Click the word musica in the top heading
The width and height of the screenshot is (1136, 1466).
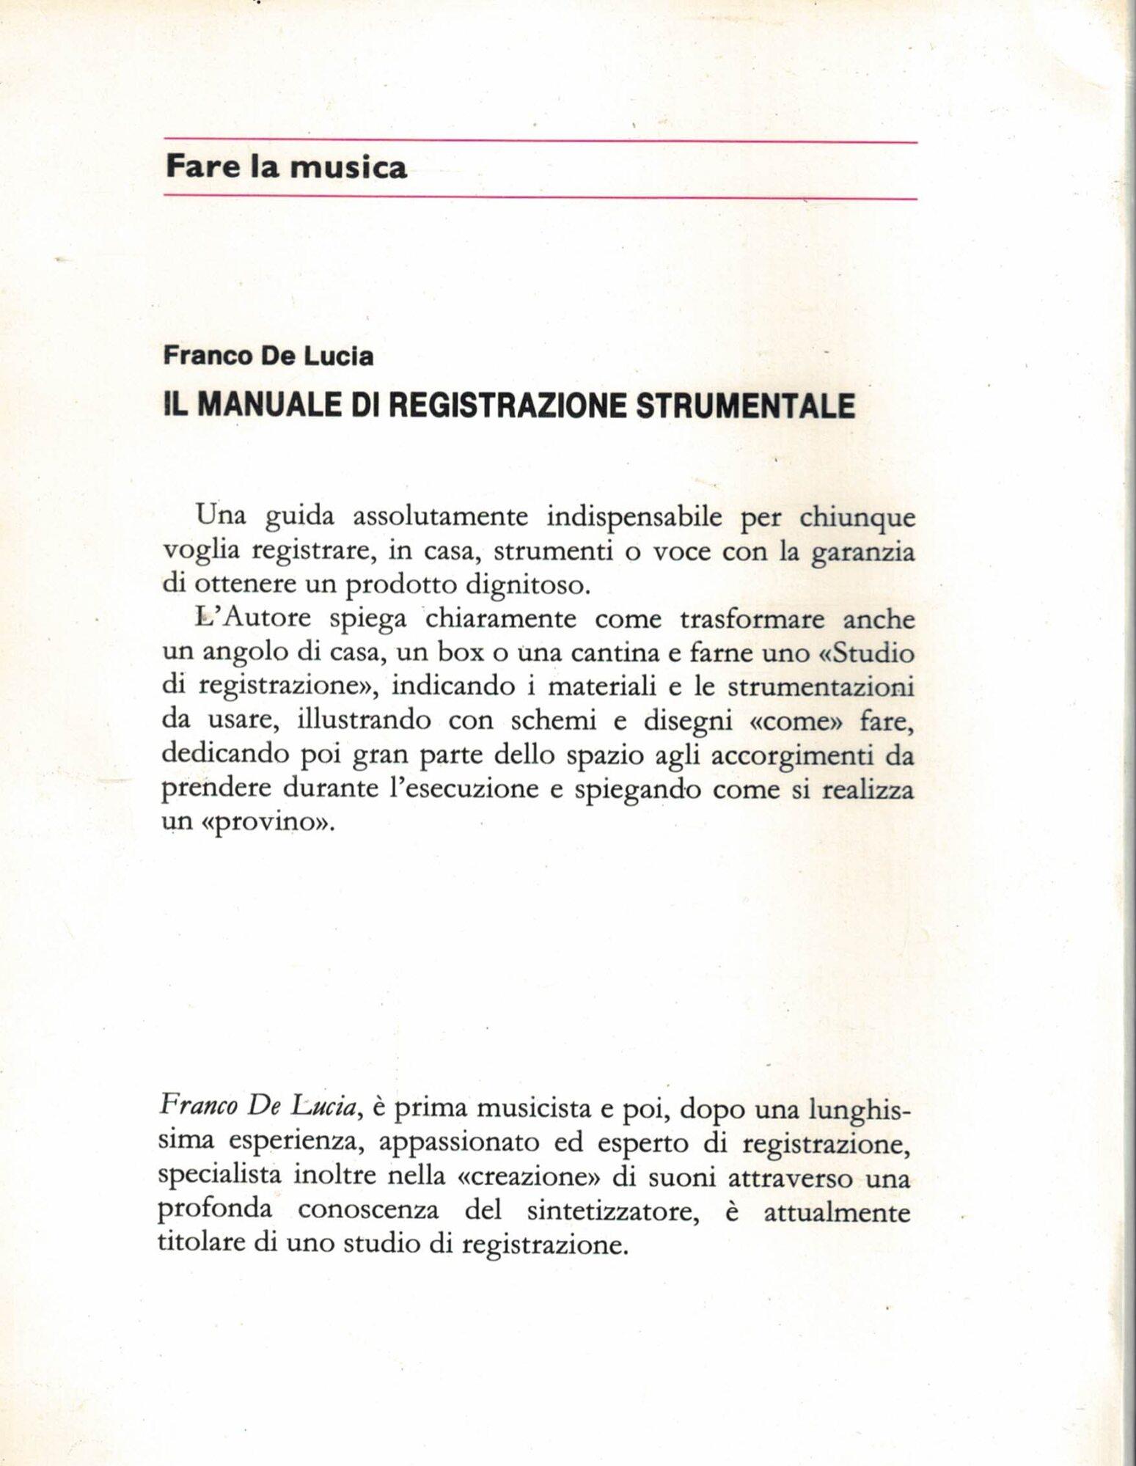[x=348, y=168]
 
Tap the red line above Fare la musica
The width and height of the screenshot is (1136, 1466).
[x=540, y=141]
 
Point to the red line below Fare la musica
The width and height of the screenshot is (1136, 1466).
[x=540, y=197]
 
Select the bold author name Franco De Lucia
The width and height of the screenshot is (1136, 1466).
[x=268, y=356]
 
